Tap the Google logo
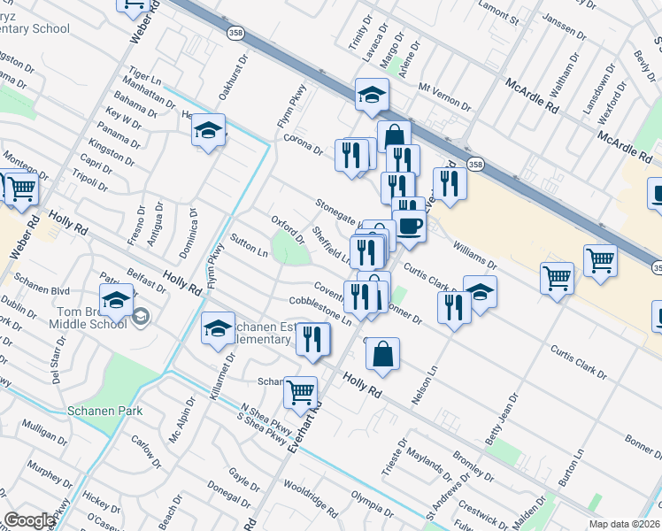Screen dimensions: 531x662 tap(30, 520)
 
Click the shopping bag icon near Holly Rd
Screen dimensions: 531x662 tap(382, 354)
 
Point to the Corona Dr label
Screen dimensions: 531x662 tap(303, 144)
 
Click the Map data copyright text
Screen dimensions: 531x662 tap(625, 524)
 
